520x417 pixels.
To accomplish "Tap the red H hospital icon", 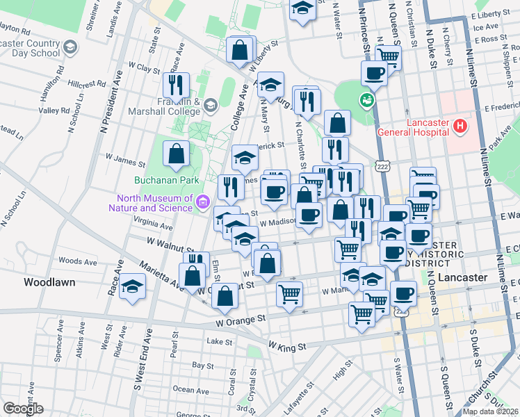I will point(459,126).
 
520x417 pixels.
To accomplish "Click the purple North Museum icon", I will point(202,202).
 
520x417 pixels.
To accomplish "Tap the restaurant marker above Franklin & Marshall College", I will point(176,85).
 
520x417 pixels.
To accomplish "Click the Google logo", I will point(23,409).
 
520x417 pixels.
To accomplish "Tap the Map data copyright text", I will point(490,411).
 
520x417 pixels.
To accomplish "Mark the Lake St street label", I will point(220,341).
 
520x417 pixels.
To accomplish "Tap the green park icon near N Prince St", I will point(365,101).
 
